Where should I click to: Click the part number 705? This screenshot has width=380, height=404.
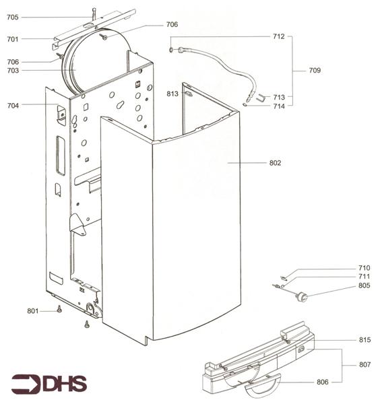click(13, 18)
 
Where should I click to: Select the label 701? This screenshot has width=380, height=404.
click(13, 39)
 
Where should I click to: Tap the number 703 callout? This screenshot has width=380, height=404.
click(13, 70)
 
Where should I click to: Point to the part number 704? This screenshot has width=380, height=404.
click(13, 105)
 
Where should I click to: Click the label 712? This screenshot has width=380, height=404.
click(279, 36)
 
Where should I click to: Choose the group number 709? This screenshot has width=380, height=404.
click(315, 70)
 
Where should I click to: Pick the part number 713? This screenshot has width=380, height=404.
click(279, 97)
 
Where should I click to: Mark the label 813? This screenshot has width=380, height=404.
click(173, 94)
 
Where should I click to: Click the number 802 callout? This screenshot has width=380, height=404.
click(275, 162)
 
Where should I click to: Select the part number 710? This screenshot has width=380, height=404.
click(346, 268)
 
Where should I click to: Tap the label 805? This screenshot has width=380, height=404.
click(346, 285)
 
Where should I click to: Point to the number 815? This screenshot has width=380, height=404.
click(346, 339)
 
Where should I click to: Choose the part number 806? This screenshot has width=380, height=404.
click(323, 382)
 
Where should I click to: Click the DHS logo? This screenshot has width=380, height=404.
click(49, 384)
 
